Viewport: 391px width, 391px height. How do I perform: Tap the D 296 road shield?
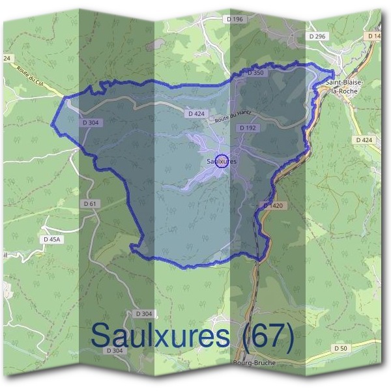pyautogui.click(x=318, y=36)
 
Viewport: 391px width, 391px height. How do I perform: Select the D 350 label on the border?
pyautogui.click(x=255, y=74)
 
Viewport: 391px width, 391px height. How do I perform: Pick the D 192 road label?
pyautogui.click(x=247, y=128)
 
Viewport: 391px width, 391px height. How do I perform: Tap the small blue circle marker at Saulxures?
pyautogui.click(x=222, y=160)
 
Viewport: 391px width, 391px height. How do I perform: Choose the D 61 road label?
pyautogui.click(x=91, y=204)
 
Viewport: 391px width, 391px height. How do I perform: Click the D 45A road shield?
pyautogui.click(x=52, y=240)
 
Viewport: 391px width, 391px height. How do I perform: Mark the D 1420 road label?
pyautogui.click(x=274, y=206)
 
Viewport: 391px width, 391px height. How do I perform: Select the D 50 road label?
pyautogui.click(x=341, y=349)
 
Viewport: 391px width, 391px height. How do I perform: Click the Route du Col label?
pyautogui.click(x=32, y=78)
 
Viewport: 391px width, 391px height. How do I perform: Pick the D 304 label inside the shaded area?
pyautogui.click(x=91, y=122)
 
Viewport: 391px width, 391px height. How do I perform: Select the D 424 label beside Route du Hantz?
pyautogui.click(x=196, y=113)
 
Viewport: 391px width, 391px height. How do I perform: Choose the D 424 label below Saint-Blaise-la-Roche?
pyautogui.click(x=364, y=139)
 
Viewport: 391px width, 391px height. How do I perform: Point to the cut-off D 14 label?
pyautogui.click(x=374, y=36)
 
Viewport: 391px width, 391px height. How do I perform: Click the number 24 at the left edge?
pyautogui.click(x=8, y=59)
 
